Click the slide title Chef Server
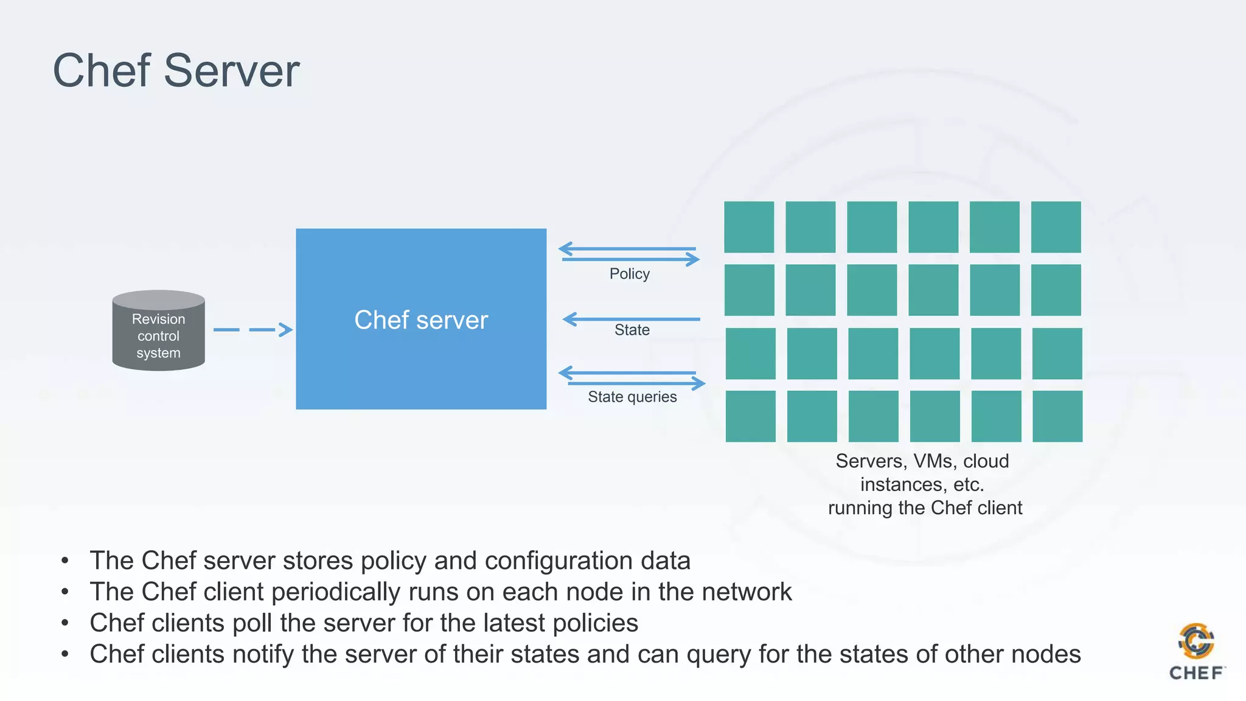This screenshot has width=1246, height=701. point(176,71)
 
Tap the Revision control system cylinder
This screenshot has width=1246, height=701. point(158,332)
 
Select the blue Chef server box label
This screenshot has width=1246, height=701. point(421,320)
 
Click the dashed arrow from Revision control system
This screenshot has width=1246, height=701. point(252,330)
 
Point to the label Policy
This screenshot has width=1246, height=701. point(630,274)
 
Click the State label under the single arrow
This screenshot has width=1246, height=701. point(632,330)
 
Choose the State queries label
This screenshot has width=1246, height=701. point(632,397)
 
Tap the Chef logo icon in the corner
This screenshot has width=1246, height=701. point(1196,641)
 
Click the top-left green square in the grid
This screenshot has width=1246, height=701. point(749,227)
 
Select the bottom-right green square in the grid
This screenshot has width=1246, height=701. point(1057,416)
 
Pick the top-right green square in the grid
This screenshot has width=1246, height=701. point(1056,227)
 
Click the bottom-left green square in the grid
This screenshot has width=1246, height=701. point(750,416)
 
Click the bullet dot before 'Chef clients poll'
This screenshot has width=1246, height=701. point(65,623)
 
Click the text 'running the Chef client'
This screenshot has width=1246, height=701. point(925,508)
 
